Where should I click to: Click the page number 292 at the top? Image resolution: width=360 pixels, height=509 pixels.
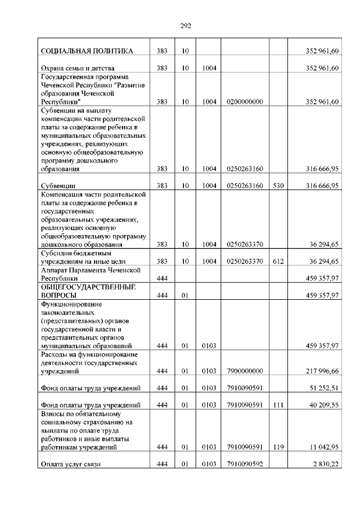pos(186,25)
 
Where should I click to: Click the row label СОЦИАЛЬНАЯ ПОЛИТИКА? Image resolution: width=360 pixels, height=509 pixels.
pos(87,51)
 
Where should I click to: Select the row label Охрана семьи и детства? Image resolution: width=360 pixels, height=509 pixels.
pos(74,68)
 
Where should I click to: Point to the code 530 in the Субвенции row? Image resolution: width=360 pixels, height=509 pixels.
pos(278,186)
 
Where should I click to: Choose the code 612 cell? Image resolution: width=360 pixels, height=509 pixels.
pos(278,261)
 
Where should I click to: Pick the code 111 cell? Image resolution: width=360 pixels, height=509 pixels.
pos(278,404)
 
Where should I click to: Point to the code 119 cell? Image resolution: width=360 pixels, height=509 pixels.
pos(278,447)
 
